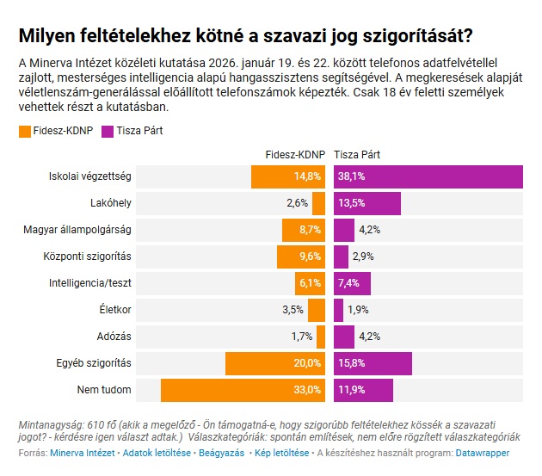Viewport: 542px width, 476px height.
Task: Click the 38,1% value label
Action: click(x=351, y=176)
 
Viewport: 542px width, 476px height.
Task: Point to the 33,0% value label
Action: click(x=307, y=390)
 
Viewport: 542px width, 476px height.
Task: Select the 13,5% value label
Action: click(x=351, y=203)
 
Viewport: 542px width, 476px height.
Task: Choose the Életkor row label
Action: click(x=115, y=310)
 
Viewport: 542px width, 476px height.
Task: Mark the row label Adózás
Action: click(x=114, y=337)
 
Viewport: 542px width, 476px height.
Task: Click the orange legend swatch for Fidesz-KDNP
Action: click(x=23, y=132)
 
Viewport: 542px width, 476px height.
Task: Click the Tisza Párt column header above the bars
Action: click(x=358, y=155)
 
